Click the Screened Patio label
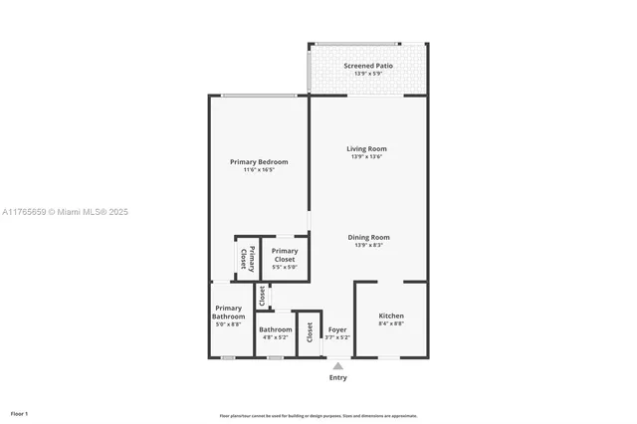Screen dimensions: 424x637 pos(368,66)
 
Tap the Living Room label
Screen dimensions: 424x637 pos(368,149)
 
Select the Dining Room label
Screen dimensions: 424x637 pos(368,238)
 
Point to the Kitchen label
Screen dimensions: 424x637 pos(391,317)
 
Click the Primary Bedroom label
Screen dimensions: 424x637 pos(259,162)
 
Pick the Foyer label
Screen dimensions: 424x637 pos(337,329)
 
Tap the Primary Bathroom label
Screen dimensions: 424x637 pos(228,313)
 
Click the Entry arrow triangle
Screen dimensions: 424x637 pos(338,365)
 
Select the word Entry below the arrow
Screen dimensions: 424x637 pos(338,377)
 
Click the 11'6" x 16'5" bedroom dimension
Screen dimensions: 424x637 pos(259,170)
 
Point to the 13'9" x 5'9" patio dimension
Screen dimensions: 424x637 pos(368,74)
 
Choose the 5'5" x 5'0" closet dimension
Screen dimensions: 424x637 pos(285,267)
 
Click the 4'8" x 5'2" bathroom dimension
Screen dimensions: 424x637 pos(276,337)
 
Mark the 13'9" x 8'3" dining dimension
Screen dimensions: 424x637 pos(368,246)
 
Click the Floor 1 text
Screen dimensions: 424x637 pos(19,413)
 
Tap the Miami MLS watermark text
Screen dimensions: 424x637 pos(65,212)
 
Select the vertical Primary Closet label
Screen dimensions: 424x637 pos(244,258)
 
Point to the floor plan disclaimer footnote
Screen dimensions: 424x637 pos(318,416)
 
